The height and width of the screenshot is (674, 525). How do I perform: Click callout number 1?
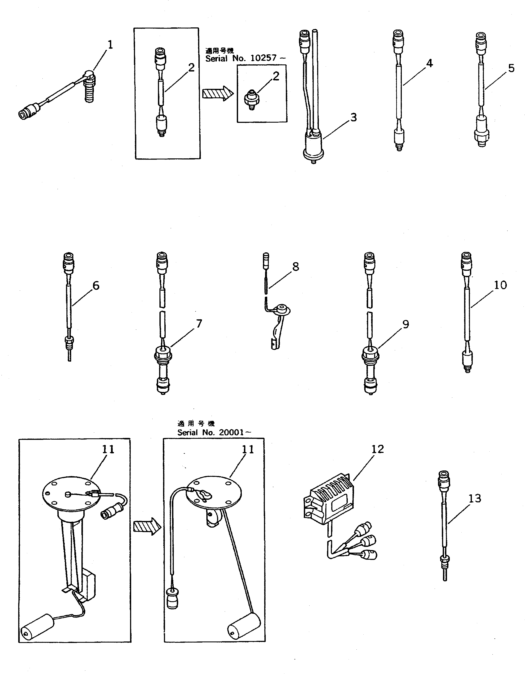click(x=110, y=45)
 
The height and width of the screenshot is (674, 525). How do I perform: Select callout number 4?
click(x=429, y=63)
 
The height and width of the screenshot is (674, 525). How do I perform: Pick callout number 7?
click(x=199, y=324)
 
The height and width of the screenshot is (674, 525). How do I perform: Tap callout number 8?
click(x=295, y=267)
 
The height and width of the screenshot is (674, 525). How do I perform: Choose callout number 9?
click(x=405, y=324)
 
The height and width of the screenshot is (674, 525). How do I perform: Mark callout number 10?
click(x=500, y=285)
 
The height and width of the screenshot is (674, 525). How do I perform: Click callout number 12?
click(x=378, y=449)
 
